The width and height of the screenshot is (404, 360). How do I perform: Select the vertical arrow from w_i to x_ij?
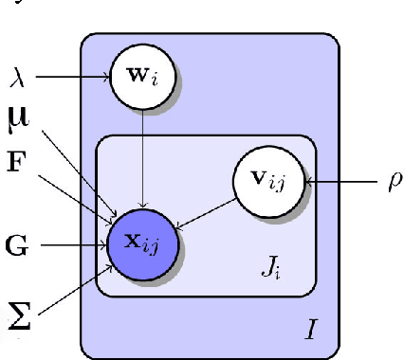tap(141, 152)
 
